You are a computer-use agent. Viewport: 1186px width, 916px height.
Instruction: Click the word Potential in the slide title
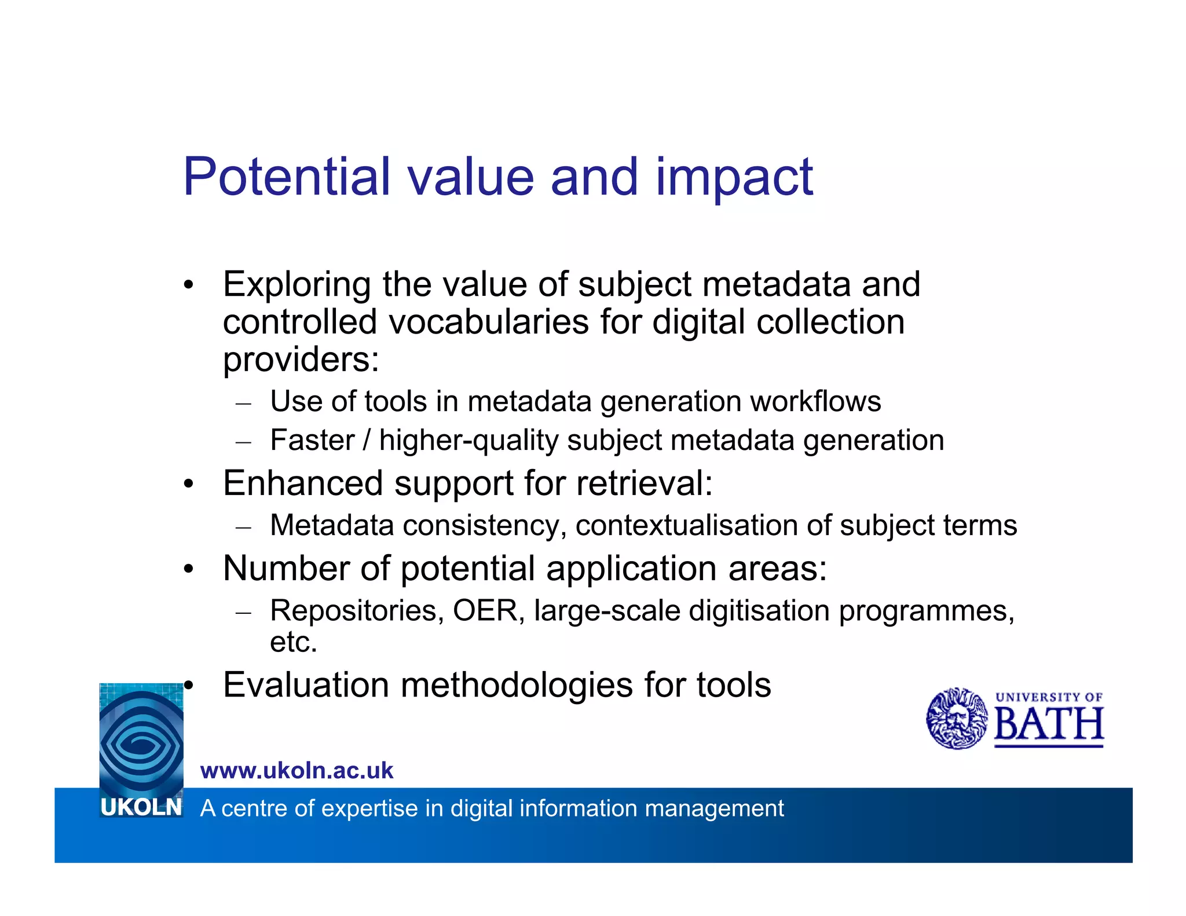click(x=287, y=177)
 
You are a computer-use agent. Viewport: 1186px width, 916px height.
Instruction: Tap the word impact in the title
click(x=734, y=178)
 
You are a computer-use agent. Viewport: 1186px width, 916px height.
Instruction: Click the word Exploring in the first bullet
click(x=296, y=285)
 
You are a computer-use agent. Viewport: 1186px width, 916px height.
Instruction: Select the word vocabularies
click(x=488, y=322)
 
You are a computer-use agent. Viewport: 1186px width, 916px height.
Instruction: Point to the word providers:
click(x=301, y=360)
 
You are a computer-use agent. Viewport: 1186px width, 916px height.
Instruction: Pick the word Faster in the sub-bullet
click(x=312, y=440)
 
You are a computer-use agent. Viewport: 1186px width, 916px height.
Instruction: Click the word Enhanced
click(x=303, y=483)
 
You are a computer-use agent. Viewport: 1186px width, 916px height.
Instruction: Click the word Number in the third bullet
click(x=286, y=568)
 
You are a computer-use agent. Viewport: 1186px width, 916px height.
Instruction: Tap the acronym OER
click(x=485, y=611)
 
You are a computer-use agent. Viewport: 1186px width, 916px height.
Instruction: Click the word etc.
click(x=294, y=642)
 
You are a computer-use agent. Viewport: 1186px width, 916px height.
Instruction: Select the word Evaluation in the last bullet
click(x=305, y=685)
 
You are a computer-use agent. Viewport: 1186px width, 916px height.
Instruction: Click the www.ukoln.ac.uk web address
click(x=296, y=771)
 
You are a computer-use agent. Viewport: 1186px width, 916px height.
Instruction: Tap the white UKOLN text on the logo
click(x=141, y=807)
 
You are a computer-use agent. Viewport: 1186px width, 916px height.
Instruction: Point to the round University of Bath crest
click(x=957, y=719)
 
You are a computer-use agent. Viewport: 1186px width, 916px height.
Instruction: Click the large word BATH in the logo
click(x=1049, y=725)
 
